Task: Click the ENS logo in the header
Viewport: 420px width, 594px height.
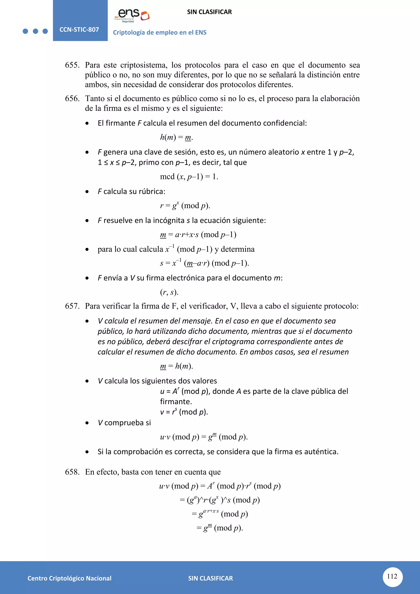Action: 132,15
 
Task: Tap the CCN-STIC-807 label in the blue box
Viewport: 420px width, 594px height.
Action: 79,30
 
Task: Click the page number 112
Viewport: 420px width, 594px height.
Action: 392,576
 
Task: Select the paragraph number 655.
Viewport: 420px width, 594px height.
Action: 72,65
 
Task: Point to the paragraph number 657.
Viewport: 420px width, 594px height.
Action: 72,306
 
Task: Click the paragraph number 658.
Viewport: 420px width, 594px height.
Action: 72,472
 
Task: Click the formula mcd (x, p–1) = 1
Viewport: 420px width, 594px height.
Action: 189,177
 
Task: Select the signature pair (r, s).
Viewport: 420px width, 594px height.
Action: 169,292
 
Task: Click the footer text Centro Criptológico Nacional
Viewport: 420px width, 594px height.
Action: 69,578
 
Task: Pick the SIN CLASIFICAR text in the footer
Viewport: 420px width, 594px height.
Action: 210,578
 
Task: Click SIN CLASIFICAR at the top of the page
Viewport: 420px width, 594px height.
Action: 209,12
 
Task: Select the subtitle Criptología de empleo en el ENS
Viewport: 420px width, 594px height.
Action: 160,33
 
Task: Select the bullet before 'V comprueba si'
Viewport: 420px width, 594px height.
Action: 87,423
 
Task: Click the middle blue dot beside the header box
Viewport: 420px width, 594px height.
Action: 35,31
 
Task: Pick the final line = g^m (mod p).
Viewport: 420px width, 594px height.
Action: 220,528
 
